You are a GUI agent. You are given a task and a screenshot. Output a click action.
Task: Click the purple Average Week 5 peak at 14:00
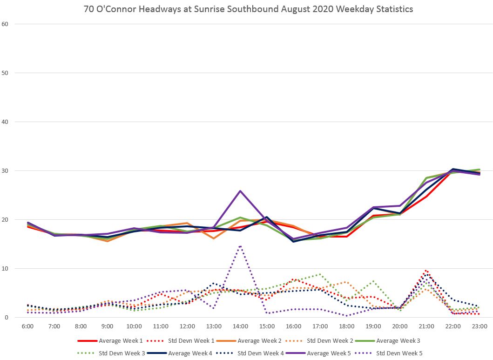click(240, 191)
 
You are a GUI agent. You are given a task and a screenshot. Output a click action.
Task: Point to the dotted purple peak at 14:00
click(240, 246)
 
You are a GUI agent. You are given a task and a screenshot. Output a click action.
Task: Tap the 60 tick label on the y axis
click(5, 24)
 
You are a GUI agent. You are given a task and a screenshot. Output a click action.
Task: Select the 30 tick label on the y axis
click(5, 170)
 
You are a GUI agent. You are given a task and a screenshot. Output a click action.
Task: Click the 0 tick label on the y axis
click(7, 318)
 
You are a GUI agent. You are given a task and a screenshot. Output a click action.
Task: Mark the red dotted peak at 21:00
click(425, 271)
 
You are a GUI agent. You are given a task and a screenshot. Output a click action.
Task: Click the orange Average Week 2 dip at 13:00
click(214, 238)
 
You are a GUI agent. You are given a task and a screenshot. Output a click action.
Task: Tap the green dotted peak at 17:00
click(320, 274)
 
